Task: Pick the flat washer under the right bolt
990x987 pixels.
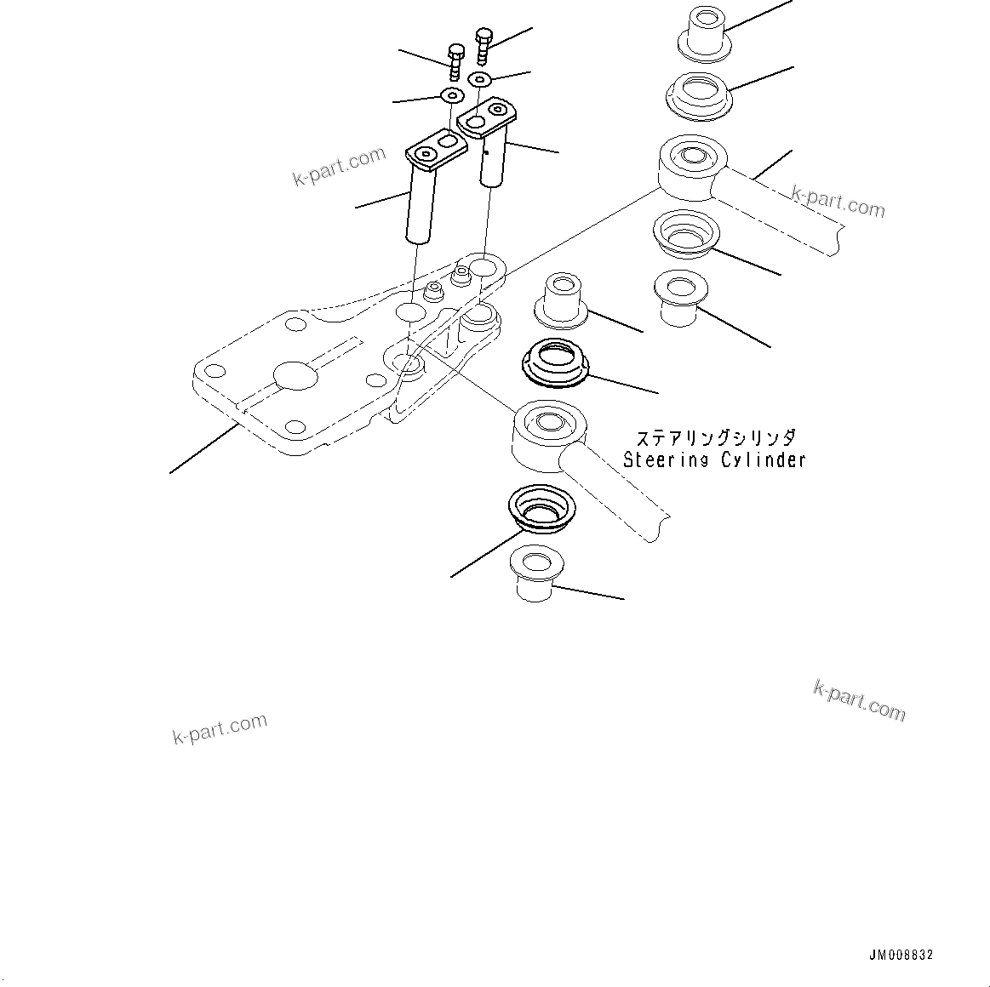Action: (x=481, y=80)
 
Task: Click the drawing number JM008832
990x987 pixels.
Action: (x=901, y=956)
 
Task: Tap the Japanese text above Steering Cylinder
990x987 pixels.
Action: (x=716, y=438)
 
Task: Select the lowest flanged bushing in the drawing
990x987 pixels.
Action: (x=533, y=573)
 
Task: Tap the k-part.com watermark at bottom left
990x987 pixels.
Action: (x=220, y=729)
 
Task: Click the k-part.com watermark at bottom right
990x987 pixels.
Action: (x=860, y=699)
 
